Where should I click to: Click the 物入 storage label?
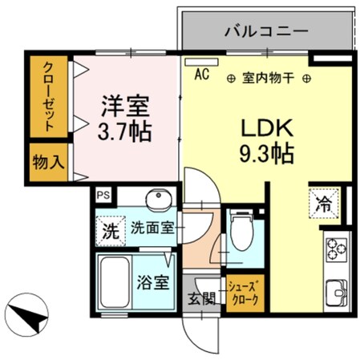47,161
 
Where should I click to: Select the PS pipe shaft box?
102,195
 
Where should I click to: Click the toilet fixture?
240,230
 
